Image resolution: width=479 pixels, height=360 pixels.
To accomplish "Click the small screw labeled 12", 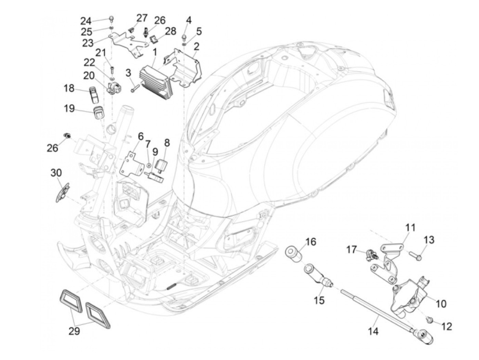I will pos(429,320).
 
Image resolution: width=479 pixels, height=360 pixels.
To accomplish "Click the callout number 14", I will pos(374,331).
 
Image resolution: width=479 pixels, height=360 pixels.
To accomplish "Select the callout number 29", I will pos(74,331).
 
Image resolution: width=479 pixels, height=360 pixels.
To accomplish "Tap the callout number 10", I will pos(441,303).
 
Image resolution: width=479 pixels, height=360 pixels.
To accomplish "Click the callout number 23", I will pos(88,43).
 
